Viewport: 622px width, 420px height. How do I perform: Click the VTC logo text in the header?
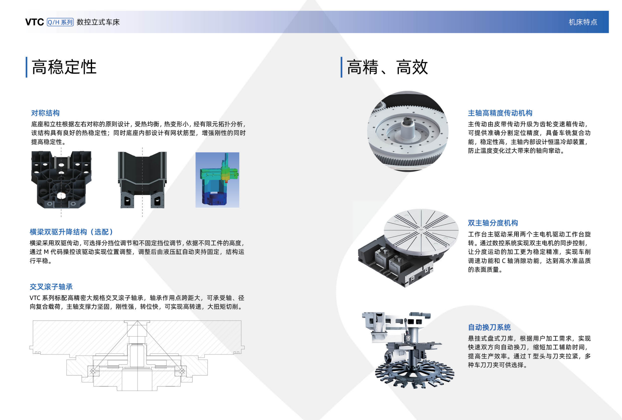34,22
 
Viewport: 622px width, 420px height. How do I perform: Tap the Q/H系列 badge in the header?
60,22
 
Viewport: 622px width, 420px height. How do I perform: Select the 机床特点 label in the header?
583,22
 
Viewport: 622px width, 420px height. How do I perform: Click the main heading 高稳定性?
64,67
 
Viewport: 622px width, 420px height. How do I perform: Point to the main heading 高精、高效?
387,67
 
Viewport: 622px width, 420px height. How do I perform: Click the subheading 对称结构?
45,113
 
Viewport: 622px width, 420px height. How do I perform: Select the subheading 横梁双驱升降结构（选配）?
72,232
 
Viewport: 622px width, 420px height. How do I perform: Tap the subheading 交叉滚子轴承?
51,287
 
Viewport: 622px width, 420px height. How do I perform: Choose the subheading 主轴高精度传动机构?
500,113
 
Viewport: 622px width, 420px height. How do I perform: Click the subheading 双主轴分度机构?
493,223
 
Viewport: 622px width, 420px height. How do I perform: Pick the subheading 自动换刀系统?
489,327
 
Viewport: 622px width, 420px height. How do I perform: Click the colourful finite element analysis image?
217,180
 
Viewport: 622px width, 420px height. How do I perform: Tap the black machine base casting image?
61,180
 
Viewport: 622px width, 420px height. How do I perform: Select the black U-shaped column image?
142,180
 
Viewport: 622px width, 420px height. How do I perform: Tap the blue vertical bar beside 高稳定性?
26,67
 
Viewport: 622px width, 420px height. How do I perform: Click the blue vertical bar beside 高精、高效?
341,67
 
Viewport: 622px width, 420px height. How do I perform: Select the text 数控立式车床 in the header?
98,22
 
